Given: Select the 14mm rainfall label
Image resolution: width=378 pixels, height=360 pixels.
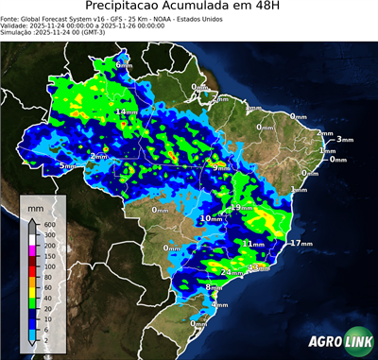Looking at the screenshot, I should click(x=123, y=112).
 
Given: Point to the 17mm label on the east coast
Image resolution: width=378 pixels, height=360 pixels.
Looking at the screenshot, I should click(x=301, y=243).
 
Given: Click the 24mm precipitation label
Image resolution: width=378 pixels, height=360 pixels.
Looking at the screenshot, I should click(x=231, y=272).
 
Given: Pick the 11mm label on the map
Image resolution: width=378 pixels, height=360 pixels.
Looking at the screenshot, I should click(x=252, y=243).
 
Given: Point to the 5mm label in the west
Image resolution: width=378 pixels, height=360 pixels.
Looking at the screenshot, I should click(x=66, y=165).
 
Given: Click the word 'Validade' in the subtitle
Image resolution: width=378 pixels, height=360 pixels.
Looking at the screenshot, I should click(x=17, y=26).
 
